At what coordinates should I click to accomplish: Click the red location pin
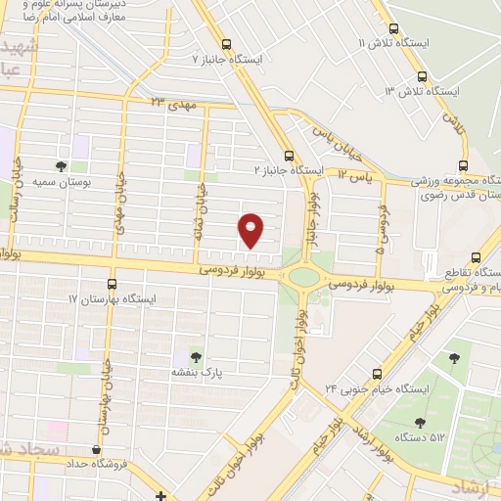click(x=251, y=228)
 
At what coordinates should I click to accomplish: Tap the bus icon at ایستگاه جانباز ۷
click(x=227, y=44)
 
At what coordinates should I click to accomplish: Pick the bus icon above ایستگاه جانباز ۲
click(x=288, y=155)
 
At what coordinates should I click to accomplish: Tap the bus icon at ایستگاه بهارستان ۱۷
click(x=112, y=284)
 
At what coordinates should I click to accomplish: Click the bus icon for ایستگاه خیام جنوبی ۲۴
click(x=379, y=374)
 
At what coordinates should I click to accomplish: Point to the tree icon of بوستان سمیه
click(x=62, y=166)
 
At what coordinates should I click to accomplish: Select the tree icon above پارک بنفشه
click(x=196, y=357)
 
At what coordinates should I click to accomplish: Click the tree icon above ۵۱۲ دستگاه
click(x=420, y=423)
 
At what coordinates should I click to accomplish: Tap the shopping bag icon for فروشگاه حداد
click(x=96, y=450)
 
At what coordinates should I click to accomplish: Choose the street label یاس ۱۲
click(x=356, y=173)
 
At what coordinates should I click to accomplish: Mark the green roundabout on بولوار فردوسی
click(x=304, y=277)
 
